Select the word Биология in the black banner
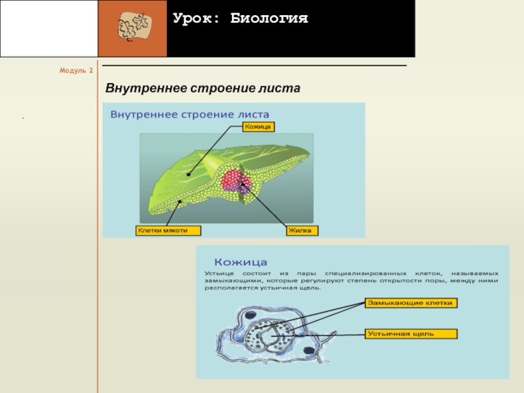point(269,18)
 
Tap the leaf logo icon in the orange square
point(132,28)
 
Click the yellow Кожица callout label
point(258,126)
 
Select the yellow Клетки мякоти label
point(167,231)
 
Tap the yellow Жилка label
point(302,231)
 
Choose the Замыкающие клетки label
point(411,303)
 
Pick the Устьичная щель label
point(409,334)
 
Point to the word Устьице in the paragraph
point(220,272)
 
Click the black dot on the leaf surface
point(187,174)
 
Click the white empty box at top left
point(48,28)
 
